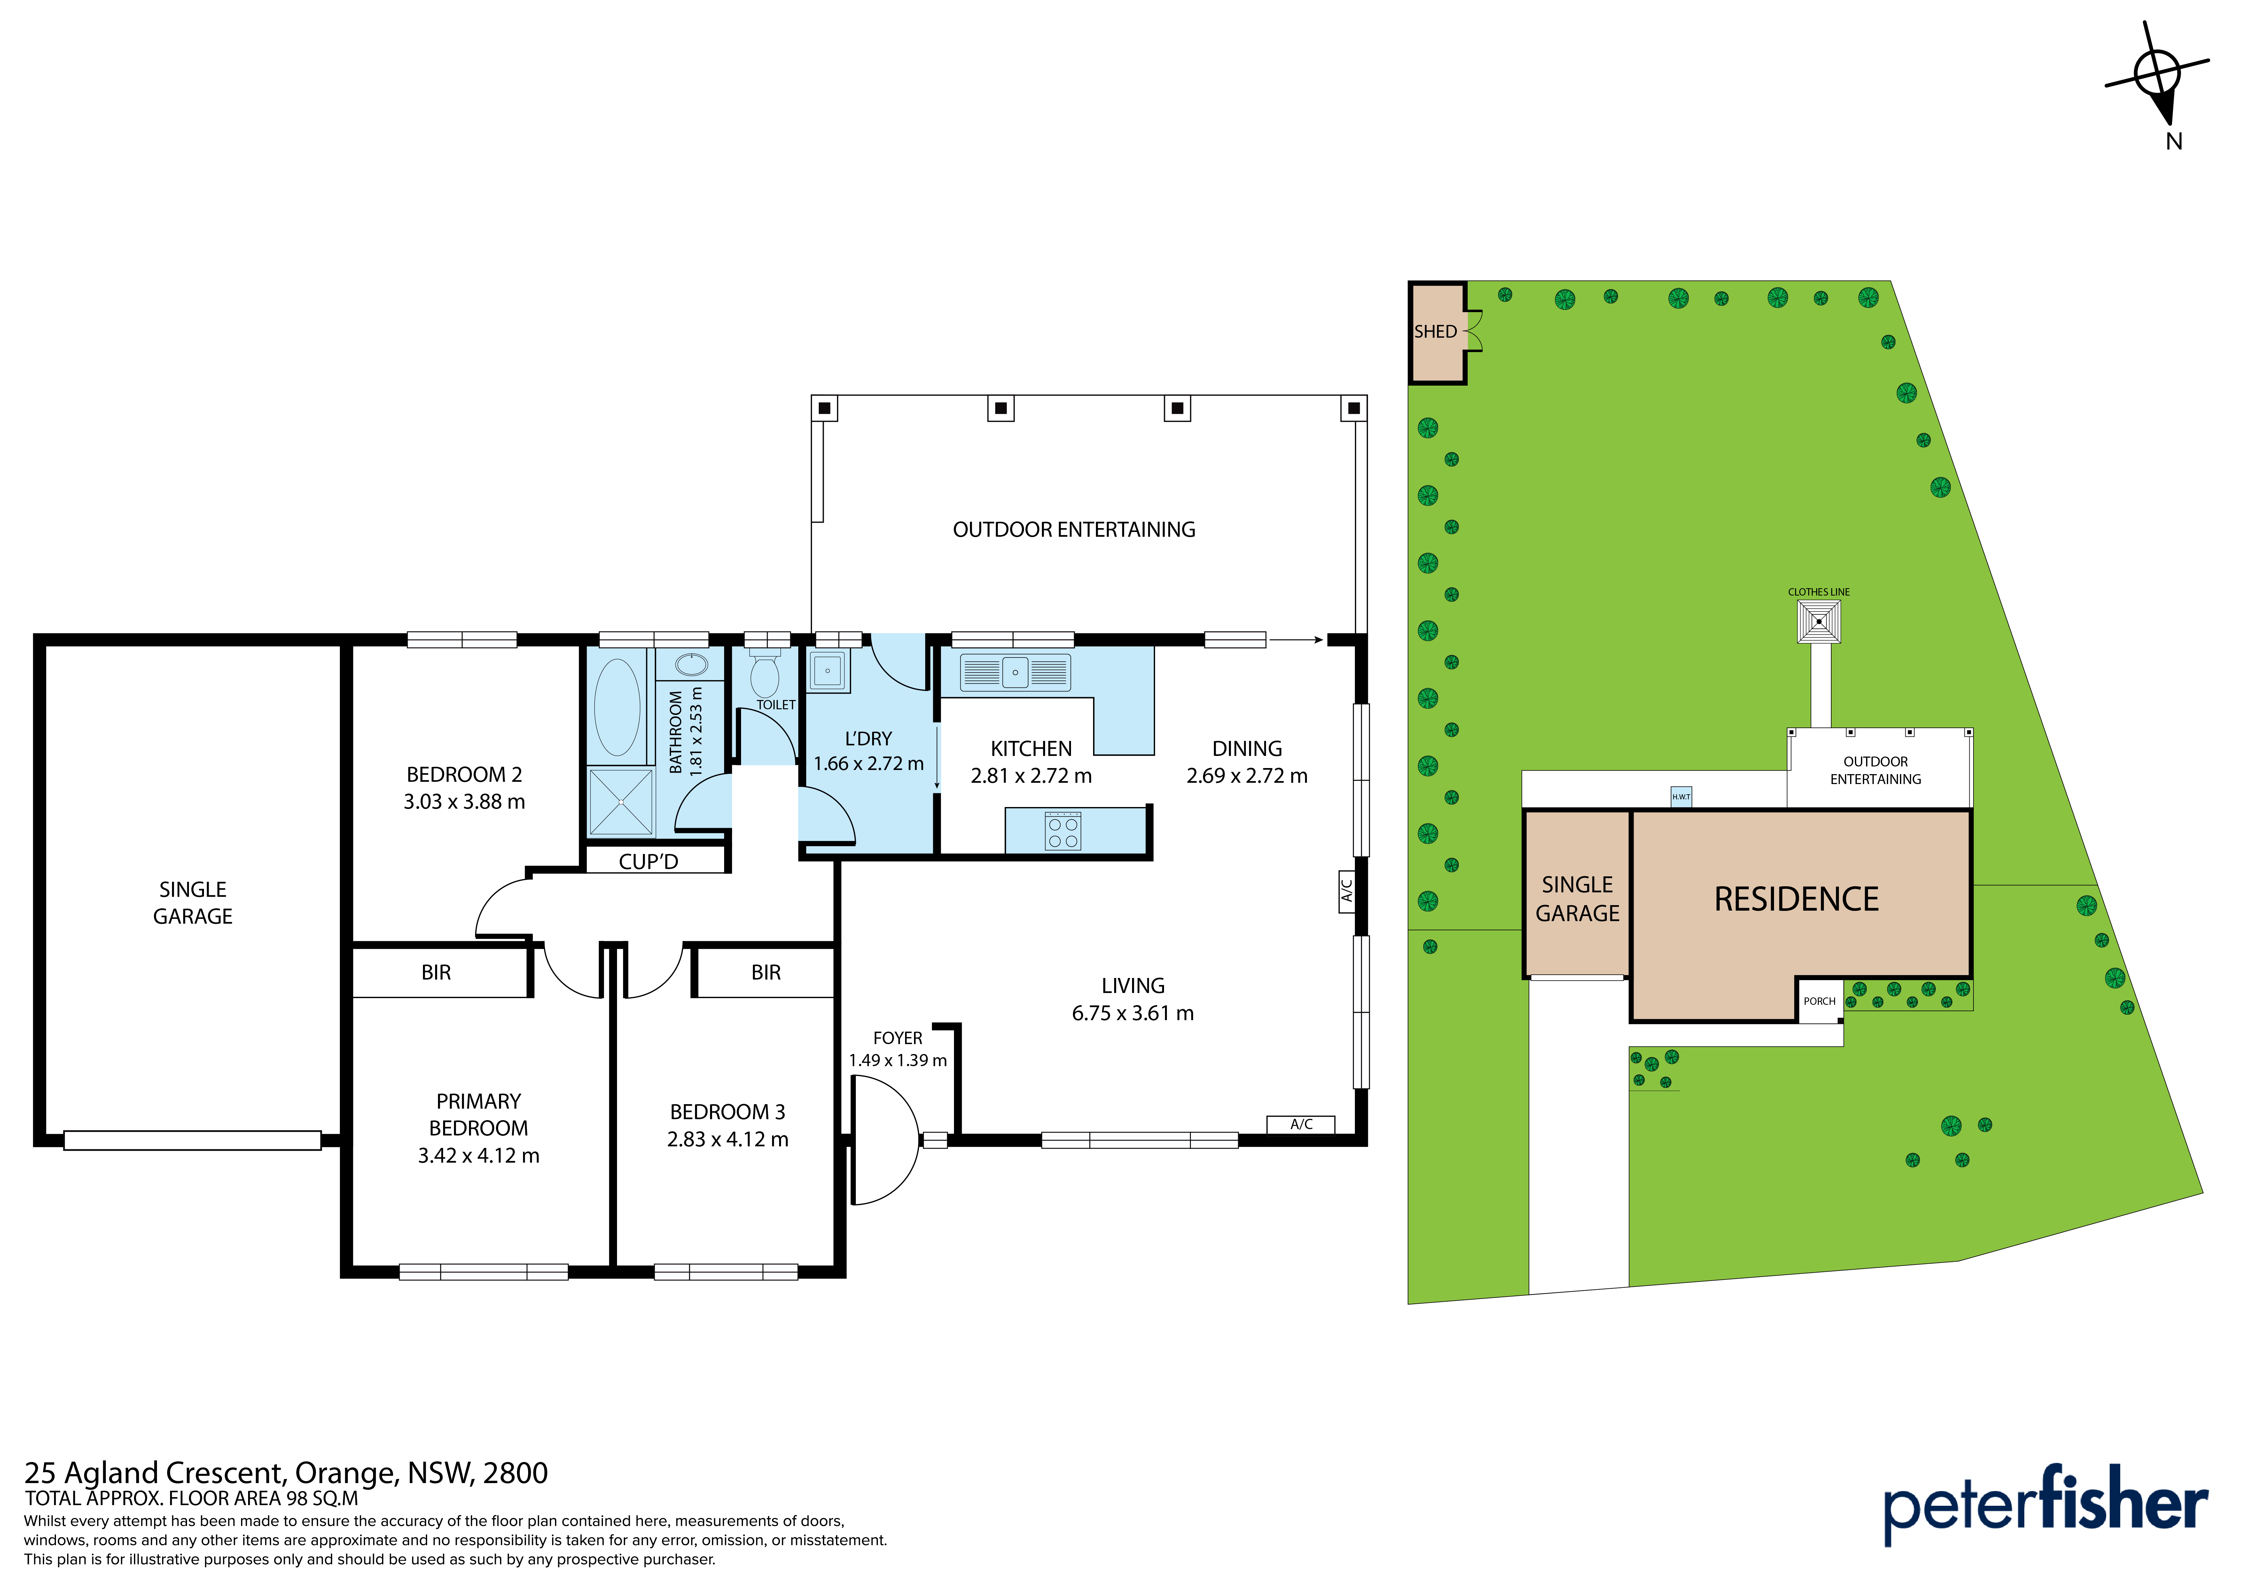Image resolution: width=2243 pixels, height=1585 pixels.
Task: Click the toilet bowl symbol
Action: tap(765, 674)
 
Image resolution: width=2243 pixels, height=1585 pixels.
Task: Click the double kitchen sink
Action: tap(1015, 672)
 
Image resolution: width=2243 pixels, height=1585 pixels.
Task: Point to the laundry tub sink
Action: tap(827, 671)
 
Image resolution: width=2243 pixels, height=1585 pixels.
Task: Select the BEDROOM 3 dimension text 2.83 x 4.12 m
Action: tap(728, 1139)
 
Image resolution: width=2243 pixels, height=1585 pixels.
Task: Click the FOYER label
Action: tap(898, 1038)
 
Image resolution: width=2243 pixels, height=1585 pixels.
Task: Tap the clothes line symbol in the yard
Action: tap(1819, 621)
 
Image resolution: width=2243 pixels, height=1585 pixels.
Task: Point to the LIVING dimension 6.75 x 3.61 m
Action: tap(1133, 1013)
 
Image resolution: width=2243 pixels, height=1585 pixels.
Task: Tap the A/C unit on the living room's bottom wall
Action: tap(1300, 1124)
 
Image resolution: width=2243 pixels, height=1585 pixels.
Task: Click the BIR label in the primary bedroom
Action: tap(436, 973)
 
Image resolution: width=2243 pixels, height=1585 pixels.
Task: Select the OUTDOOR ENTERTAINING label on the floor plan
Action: tap(1074, 529)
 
